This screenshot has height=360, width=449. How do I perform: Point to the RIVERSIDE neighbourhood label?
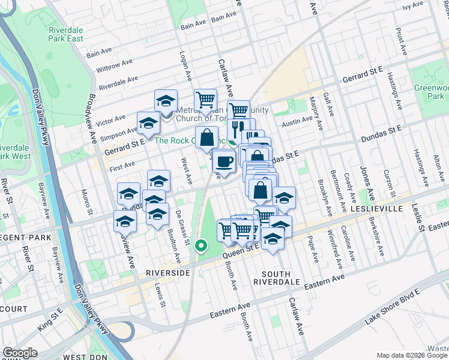click(x=168, y=272)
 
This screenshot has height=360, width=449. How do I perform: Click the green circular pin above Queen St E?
click(x=201, y=245)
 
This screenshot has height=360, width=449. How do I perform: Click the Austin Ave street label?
click(x=298, y=120)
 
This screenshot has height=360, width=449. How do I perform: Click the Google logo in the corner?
click(x=20, y=353)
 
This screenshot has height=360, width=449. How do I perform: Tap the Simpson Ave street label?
click(x=118, y=131)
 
